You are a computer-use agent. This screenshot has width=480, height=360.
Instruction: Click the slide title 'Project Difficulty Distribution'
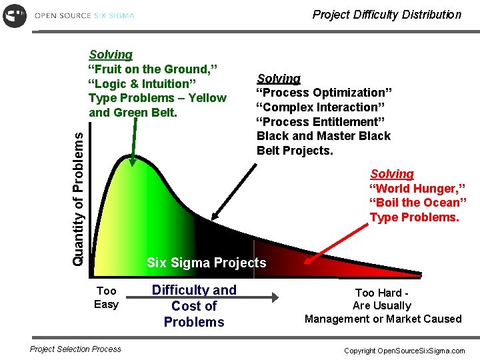(387, 15)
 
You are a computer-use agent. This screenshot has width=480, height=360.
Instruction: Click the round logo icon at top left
(15, 15)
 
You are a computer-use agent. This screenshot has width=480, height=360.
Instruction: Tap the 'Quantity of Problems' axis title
(79, 198)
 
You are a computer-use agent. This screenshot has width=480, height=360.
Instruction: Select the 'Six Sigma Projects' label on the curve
(206, 263)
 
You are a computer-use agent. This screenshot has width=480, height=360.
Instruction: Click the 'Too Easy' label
(106, 297)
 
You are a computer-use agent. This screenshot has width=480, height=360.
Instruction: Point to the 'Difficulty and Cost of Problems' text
(194, 306)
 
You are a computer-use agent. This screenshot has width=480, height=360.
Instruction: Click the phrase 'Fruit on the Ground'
(154, 69)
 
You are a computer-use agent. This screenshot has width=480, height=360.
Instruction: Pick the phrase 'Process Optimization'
(325, 93)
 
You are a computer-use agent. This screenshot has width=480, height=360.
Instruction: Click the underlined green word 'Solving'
(111, 55)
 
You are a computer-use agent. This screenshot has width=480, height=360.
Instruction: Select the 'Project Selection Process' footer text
(76, 349)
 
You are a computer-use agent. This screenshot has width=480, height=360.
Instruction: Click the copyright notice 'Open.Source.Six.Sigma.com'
(404, 351)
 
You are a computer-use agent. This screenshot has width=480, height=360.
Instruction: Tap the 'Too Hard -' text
(383, 293)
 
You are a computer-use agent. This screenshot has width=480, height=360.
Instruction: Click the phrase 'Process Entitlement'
(322, 121)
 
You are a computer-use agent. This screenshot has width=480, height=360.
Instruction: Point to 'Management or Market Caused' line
(383, 319)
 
